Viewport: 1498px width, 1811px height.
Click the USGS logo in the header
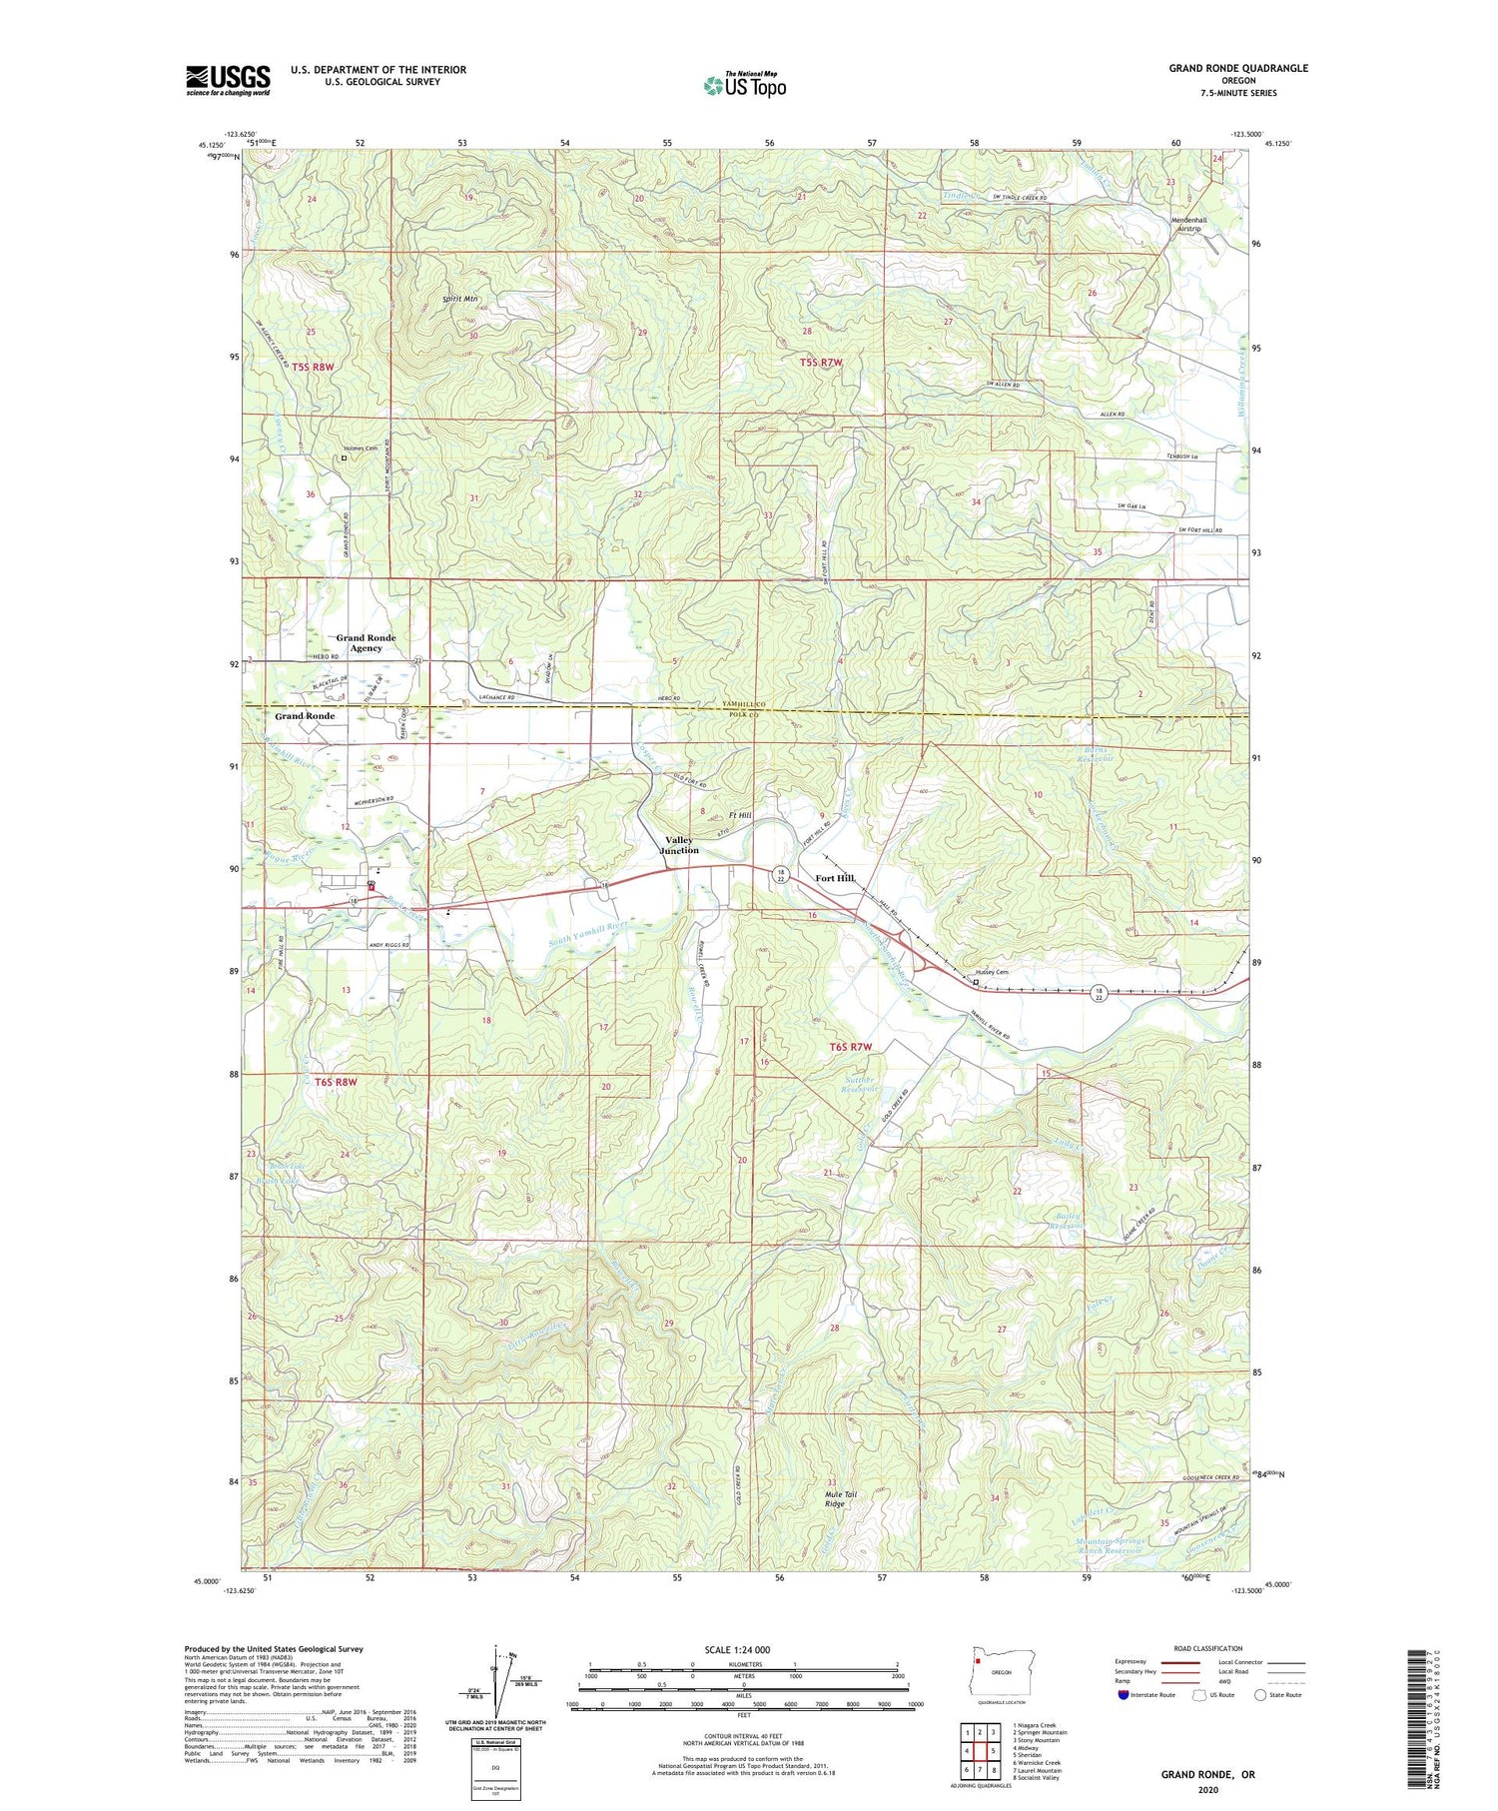[228, 80]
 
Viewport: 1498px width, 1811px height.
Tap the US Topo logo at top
[745, 85]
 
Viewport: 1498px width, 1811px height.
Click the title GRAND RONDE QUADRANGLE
[1238, 68]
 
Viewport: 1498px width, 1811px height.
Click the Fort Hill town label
[835, 878]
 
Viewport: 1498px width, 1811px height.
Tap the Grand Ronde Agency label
[366, 642]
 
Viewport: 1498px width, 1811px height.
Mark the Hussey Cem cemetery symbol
[976, 981]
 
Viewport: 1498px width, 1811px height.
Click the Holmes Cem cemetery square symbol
[344, 458]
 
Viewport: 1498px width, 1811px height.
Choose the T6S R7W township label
[851, 1047]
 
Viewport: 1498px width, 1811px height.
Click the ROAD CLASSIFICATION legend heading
[1208, 1648]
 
